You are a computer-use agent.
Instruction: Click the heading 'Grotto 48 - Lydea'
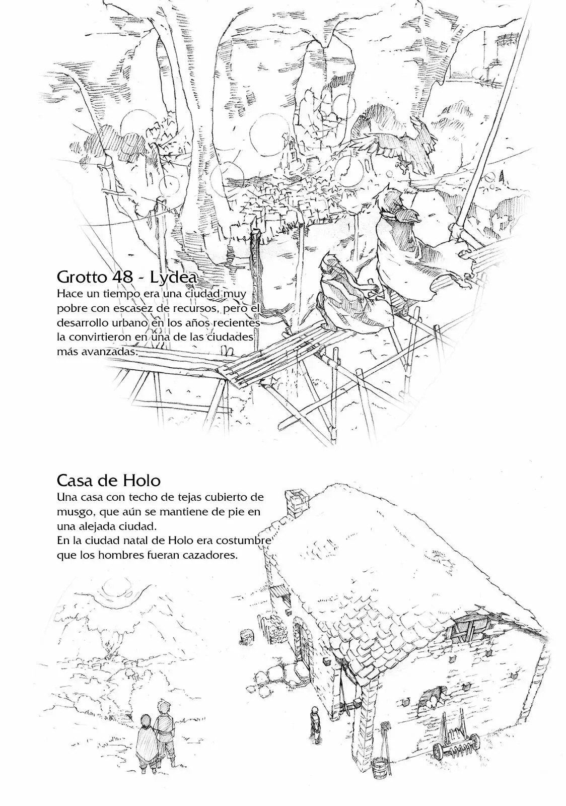(x=127, y=277)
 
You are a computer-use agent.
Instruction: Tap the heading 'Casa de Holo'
(x=109, y=481)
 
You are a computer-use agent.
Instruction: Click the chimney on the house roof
(x=296, y=503)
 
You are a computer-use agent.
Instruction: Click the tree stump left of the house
(x=246, y=636)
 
